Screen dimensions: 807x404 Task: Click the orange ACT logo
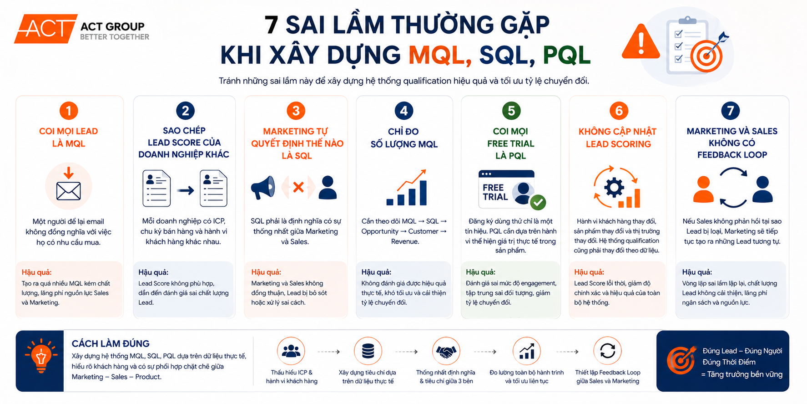pos(45,29)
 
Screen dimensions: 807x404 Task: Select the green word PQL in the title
pos(566,55)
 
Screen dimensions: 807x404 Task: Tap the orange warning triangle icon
pos(641,42)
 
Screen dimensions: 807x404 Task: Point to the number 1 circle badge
pos(69,111)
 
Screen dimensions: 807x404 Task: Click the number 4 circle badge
pos(404,111)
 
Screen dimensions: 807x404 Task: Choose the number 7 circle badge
pos(731,111)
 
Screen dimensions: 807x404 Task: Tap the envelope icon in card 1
pos(69,191)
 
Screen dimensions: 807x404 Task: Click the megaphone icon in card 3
pos(263,187)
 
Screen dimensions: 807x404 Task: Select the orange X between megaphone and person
pos(298,187)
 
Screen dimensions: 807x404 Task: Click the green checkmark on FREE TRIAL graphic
pos(538,202)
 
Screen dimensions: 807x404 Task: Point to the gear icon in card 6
pos(614,187)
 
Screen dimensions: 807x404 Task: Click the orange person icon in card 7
pos(703,189)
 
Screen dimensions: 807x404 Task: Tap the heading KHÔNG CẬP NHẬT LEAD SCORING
pos(618,138)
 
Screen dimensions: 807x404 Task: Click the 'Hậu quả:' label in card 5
pos(480,272)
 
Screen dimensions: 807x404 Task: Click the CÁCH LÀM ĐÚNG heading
pos(111,343)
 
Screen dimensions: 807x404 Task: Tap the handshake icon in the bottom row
pos(446,351)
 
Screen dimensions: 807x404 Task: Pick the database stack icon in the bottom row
pos(368,351)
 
